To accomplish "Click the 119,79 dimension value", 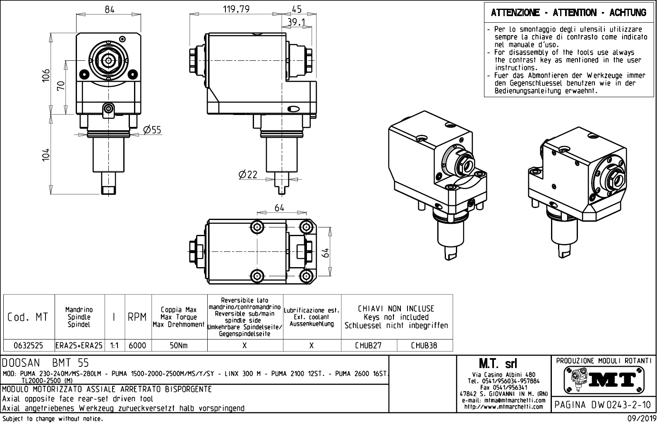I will tap(236, 9).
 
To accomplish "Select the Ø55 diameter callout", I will tap(152, 130).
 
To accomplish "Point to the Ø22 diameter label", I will tap(248, 175).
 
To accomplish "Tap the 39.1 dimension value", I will tap(296, 22).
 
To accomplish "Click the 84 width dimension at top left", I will tap(109, 9).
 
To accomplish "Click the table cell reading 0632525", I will tap(29, 346).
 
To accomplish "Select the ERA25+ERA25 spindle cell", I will tap(79, 346).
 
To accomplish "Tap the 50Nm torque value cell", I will tap(179, 346).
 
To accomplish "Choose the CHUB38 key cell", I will tap(424, 346).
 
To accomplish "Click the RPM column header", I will tap(137, 317).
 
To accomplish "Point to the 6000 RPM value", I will tap(137, 346).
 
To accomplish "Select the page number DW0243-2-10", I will tap(603, 405).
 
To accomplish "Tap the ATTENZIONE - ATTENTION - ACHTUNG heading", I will tap(568, 13).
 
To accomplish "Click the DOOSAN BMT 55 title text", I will tap(46, 363).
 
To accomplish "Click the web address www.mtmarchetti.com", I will tap(503, 406).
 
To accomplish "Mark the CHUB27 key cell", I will tap(368, 346).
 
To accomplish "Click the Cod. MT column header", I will tap(28, 317).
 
